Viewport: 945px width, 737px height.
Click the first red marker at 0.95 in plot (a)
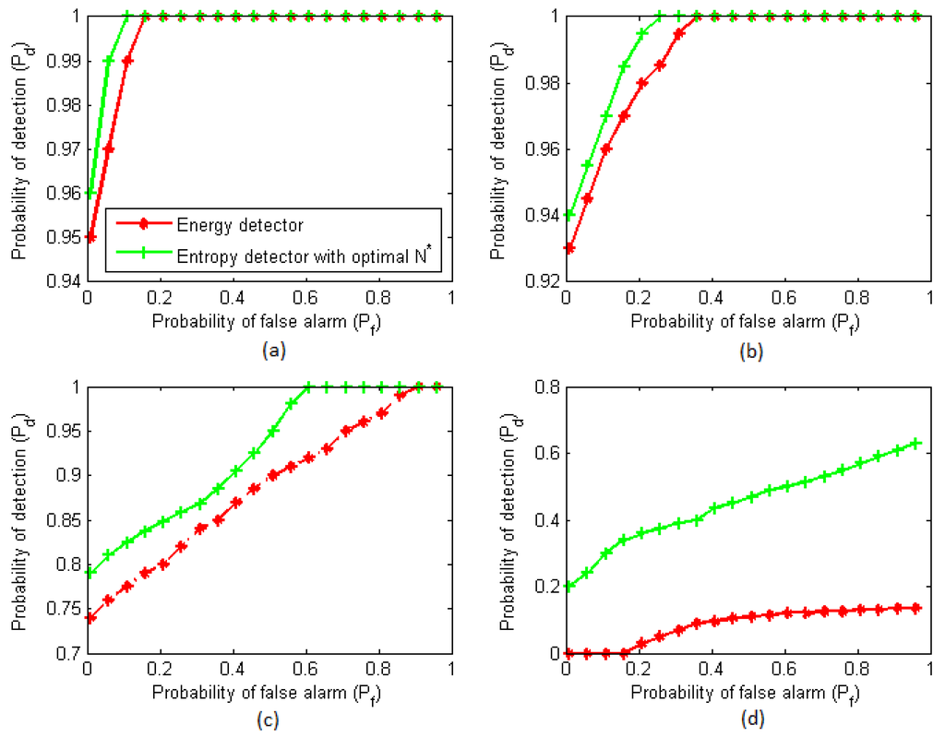click(x=90, y=237)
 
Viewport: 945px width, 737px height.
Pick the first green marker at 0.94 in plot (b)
click(x=569, y=214)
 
